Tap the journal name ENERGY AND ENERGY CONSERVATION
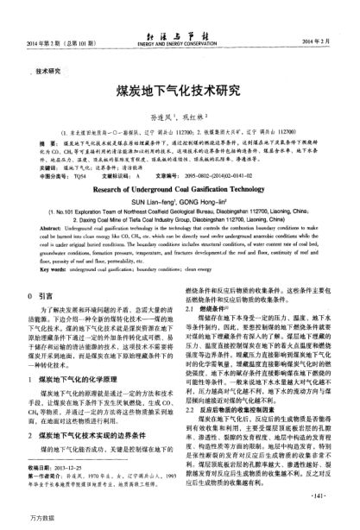click(180, 42)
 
